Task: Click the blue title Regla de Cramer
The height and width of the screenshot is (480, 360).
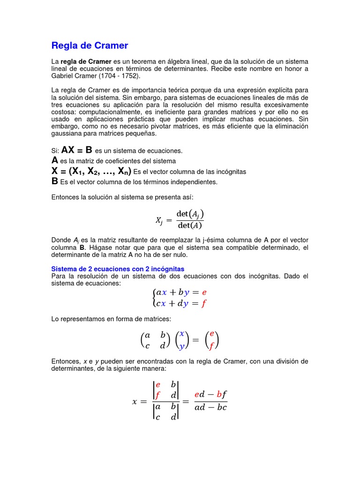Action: (90, 45)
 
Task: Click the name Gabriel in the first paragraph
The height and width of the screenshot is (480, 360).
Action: (64, 76)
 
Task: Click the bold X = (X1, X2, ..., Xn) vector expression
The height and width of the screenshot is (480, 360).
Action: (91, 171)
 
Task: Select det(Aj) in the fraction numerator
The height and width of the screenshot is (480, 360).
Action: (190, 214)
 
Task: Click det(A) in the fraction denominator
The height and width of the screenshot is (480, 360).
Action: (190, 225)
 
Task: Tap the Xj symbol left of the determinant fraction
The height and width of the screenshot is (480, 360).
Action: (160, 220)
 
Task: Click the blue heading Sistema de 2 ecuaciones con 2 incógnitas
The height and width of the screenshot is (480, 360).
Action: (118, 269)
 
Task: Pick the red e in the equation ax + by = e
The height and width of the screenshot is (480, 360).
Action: (204, 292)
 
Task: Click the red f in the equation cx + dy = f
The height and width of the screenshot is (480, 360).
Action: (204, 303)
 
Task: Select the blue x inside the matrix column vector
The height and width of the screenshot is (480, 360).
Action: (182, 334)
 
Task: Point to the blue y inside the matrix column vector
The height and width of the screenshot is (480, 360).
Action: (182, 346)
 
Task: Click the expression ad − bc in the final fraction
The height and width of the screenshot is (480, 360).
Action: (210, 407)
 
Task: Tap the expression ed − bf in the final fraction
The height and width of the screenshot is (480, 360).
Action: (210, 394)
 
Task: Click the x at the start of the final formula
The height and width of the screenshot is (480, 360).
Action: (136, 402)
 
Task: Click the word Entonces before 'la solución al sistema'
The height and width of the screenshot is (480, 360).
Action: (65, 197)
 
